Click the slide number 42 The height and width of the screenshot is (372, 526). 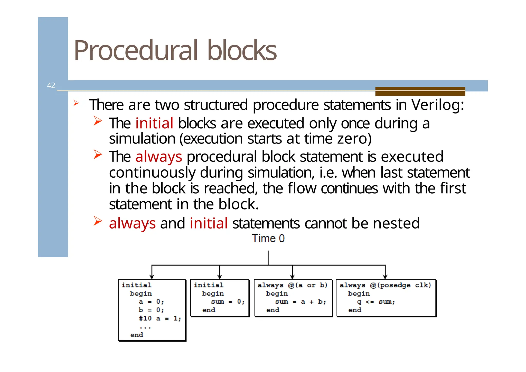[x=51, y=85]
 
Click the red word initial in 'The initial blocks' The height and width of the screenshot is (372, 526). [x=154, y=123]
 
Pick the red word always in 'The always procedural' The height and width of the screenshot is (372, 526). [x=158, y=157]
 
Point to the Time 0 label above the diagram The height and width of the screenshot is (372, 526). [x=268, y=239]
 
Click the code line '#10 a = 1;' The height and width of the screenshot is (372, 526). [x=160, y=319]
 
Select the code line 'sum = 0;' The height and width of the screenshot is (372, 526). [x=228, y=302]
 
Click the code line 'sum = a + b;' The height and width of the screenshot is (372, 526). [x=300, y=302]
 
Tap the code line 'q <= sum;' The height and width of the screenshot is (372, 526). [x=376, y=302]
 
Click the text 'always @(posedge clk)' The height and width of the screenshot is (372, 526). [x=385, y=285]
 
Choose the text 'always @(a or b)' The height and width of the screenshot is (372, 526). [x=292, y=285]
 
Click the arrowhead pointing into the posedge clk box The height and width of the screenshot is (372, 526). [x=385, y=277]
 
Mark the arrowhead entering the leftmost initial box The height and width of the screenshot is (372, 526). [x=152, y=277]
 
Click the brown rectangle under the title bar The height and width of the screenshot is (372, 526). [x=420, y=91]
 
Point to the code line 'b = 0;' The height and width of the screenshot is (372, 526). [x=151, y=310]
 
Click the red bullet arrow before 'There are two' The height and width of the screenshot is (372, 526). [x=76, y=103]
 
